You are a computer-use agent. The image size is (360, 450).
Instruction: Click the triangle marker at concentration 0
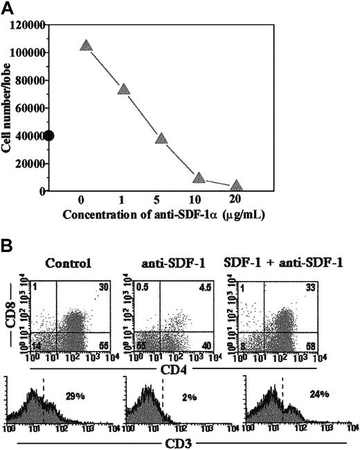86,45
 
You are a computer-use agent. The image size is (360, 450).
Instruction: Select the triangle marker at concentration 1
124,89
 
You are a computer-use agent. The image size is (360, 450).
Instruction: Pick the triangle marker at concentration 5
161,138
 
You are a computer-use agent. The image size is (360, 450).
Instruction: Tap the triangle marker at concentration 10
199,178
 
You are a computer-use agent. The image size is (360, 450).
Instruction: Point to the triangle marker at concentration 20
236,186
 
